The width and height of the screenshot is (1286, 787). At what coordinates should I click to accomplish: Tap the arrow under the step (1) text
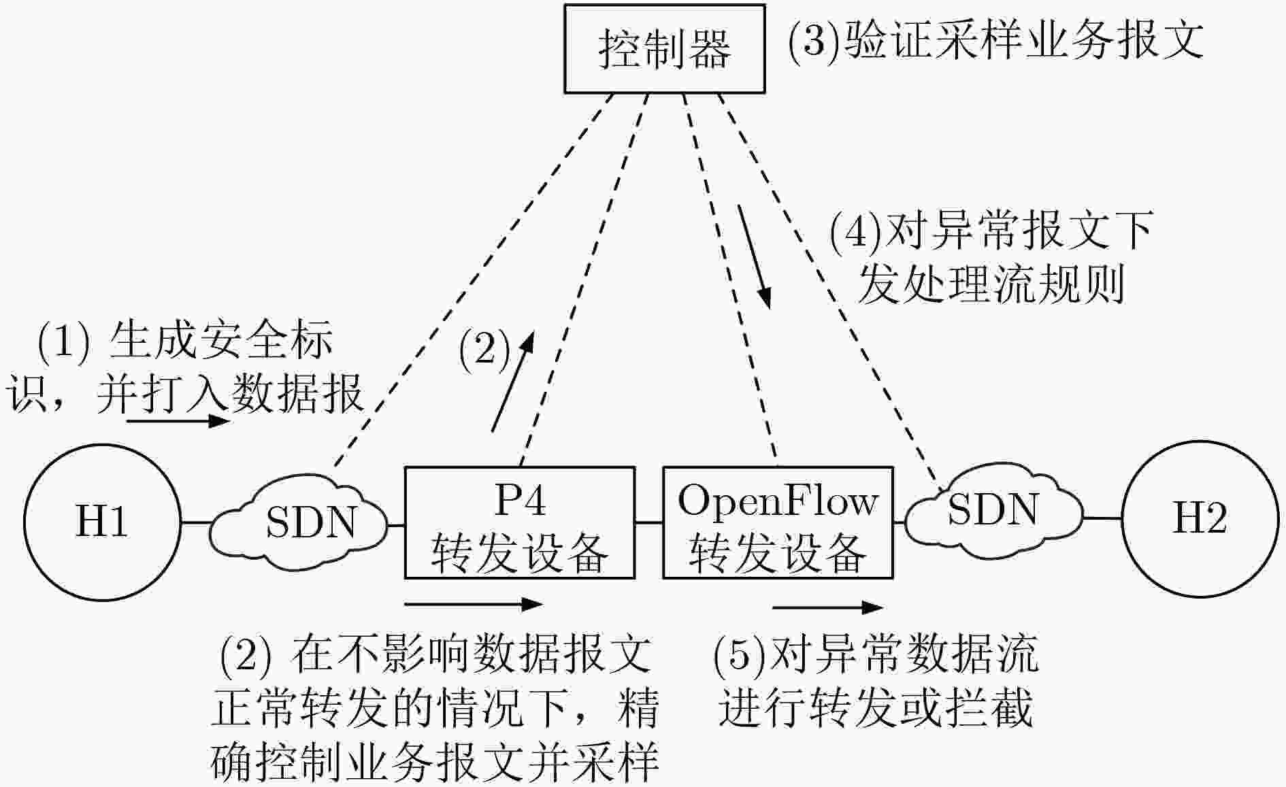(179, 421)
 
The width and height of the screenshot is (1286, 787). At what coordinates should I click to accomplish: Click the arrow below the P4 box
(474, 603)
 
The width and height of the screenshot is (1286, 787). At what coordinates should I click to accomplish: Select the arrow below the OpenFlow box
(828, 607)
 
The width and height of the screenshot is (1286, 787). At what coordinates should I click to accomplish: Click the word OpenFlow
(778, 501)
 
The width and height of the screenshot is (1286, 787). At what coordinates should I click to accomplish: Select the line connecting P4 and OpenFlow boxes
(649, 522)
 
